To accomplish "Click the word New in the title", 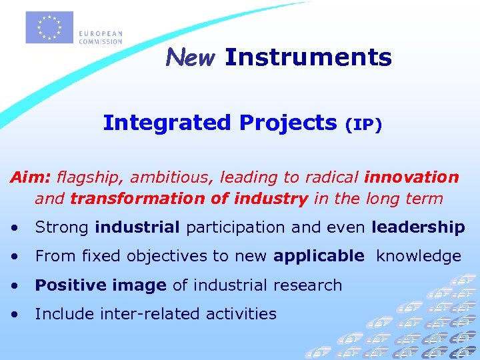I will (191, 58).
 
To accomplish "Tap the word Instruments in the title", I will (308, 57).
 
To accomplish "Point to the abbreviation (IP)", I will (363, 125).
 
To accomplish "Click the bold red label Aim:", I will (31, 177).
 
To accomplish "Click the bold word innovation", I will (411, 177).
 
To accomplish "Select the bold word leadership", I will (419, 227).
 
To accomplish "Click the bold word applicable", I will (319, 256).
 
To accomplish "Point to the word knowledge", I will (419, 256).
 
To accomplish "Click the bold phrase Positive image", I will (101, 285).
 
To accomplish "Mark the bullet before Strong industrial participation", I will (15, 228).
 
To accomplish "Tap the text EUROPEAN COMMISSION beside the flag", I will (101, 37).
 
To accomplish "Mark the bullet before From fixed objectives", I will (15, 257).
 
